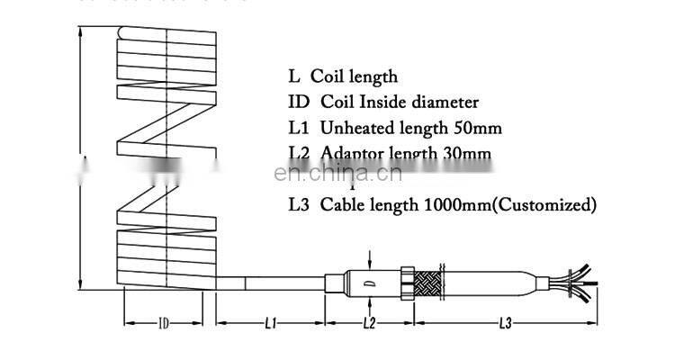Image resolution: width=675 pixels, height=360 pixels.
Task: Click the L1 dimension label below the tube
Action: (271, 321)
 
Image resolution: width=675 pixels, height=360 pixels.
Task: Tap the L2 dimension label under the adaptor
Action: (368, 321)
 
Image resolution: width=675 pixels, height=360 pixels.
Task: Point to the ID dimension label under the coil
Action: (164, 321)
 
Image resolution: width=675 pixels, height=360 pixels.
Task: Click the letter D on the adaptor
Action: (368, 284)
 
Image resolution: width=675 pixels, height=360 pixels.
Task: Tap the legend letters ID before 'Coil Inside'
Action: (298, 103)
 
